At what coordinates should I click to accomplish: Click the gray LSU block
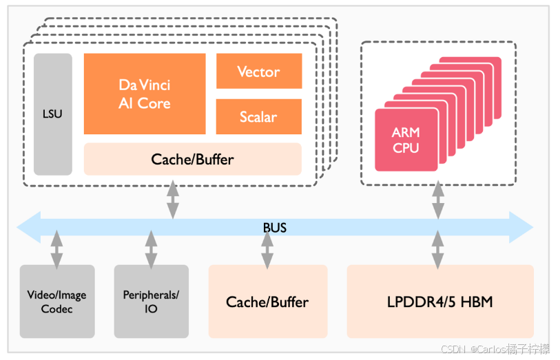[53, 114]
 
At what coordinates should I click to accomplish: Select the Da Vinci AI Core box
[145, 94]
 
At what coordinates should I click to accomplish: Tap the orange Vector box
[259, 71]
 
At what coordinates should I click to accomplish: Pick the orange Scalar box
[259, 116]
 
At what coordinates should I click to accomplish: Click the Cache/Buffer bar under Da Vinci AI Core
[192, 159]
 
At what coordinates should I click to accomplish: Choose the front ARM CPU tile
[406, 140]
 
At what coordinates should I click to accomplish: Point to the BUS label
[275, 228]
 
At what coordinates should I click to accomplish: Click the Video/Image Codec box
[57, 301]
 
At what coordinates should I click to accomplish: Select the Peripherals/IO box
[152, 301]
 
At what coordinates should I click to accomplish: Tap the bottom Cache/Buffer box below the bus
[268, 301]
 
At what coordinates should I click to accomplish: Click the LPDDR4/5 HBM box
[440, 301]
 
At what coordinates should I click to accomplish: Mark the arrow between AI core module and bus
[173, 200]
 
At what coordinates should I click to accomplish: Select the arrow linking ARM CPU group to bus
[438, 200]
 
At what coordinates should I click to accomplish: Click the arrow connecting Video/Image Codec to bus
[56, 249]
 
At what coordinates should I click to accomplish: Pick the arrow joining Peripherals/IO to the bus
[151, 249]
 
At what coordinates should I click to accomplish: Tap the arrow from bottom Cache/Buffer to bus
[267, 249]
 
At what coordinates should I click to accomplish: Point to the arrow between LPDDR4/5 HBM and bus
[438, 249]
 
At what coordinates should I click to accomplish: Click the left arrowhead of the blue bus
[28, 227]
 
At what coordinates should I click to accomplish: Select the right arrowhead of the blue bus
[521, 227]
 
